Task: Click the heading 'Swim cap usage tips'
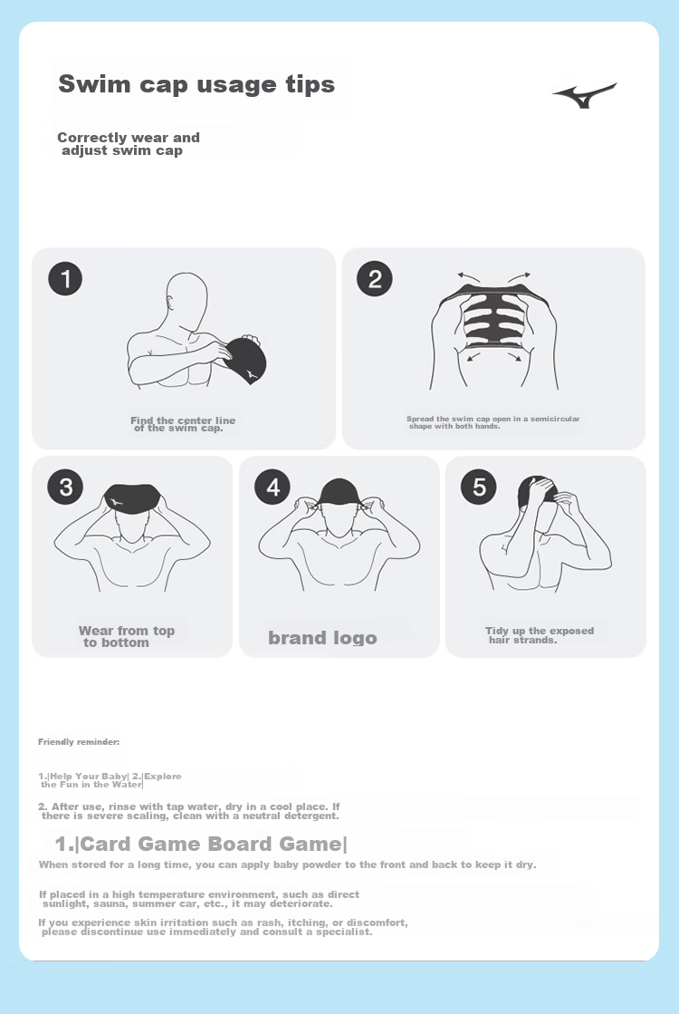[x=196, y=84]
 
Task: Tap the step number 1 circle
[x=65, y=279]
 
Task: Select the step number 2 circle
[x=375, y=279]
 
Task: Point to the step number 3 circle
[x=65, y=487]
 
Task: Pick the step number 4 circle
[x=273, y=487]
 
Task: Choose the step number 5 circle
[x=479, y=487]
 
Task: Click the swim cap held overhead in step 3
[x=132, y=500]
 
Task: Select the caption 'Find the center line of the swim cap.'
[x=183, y=424]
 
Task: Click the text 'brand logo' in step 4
[x=322, y=638]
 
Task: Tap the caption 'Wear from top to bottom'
[x=127, y=636]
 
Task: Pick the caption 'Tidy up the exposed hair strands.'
[x=540, y=635]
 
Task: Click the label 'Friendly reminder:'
[x=79, y=742]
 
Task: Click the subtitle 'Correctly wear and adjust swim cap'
[x=129, y=143]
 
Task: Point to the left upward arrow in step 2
[x=469, y=276]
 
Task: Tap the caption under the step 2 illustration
[x=493, y=422]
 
